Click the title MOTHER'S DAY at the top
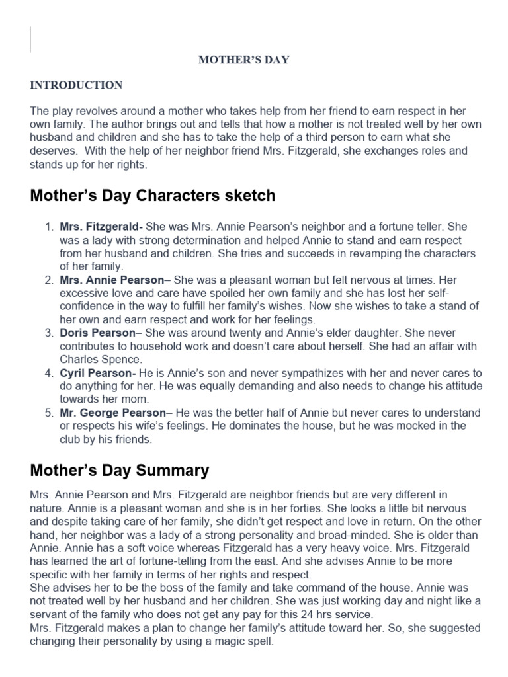pos(245,60)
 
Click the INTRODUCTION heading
pos(76,85)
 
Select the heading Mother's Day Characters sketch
pos(153,196)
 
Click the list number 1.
pos(48,227)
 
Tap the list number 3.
pos(48,333)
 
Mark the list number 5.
pos(48,413)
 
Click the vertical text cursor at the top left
pos(30,39)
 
